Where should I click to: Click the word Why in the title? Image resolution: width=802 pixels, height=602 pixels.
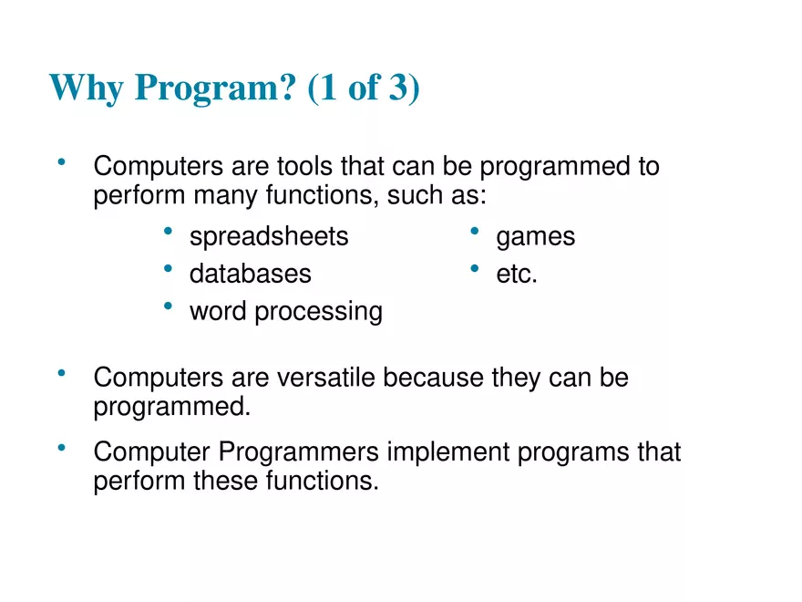(x=87, y=88)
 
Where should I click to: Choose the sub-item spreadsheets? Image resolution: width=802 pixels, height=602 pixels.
(x=269, y=237)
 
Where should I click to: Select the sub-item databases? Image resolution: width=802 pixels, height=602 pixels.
(x=250, y=274)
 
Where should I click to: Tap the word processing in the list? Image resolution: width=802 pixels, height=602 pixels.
(x=318, y=312)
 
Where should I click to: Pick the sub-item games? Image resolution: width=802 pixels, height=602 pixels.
(x=535, y=237)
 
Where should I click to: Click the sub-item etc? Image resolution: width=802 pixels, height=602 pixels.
(x=517, y=274)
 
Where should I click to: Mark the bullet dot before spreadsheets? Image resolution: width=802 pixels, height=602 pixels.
(x=169, y=233)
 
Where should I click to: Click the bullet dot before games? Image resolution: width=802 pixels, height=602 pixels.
(x=475, y=233)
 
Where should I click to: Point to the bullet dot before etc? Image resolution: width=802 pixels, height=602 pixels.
(x=475, y=269)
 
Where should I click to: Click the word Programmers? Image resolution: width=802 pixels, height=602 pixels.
(x=300, y=452)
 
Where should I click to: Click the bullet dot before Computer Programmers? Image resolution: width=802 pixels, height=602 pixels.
(x=61, y=448)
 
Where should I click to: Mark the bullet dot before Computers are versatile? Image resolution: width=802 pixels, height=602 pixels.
(x=61, y=373)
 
